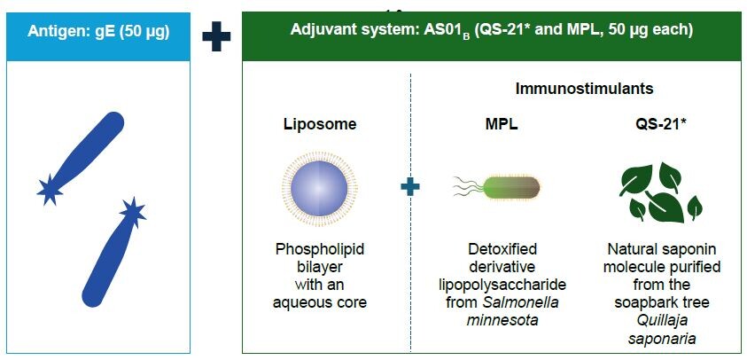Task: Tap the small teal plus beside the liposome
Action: tap(409, 187)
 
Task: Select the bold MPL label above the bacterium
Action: tap(502, 124)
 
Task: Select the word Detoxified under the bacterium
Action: tap(502, 250)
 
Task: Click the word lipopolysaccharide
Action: tap(502, 285)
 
